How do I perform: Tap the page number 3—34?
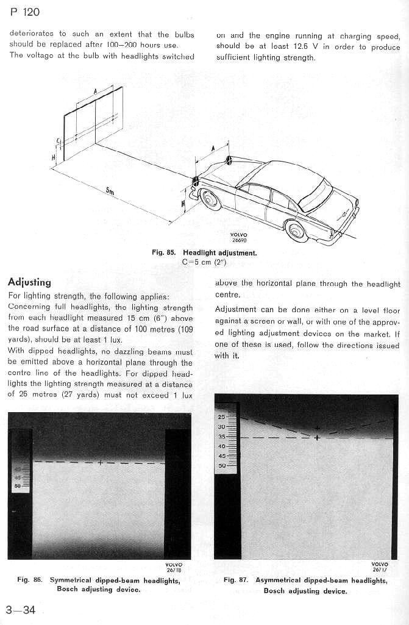(x=20, y=610)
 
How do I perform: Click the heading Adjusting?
(x=29, y=282)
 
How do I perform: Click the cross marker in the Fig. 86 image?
(x=100, y=462)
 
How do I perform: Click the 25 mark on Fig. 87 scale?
(x=222, y=417)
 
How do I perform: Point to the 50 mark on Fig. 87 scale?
(x=222, y=465)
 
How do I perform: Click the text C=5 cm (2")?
(x=204, y=262)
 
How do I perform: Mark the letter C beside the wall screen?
(x=58, y=141)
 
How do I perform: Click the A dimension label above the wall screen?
(x=96, y=90)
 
